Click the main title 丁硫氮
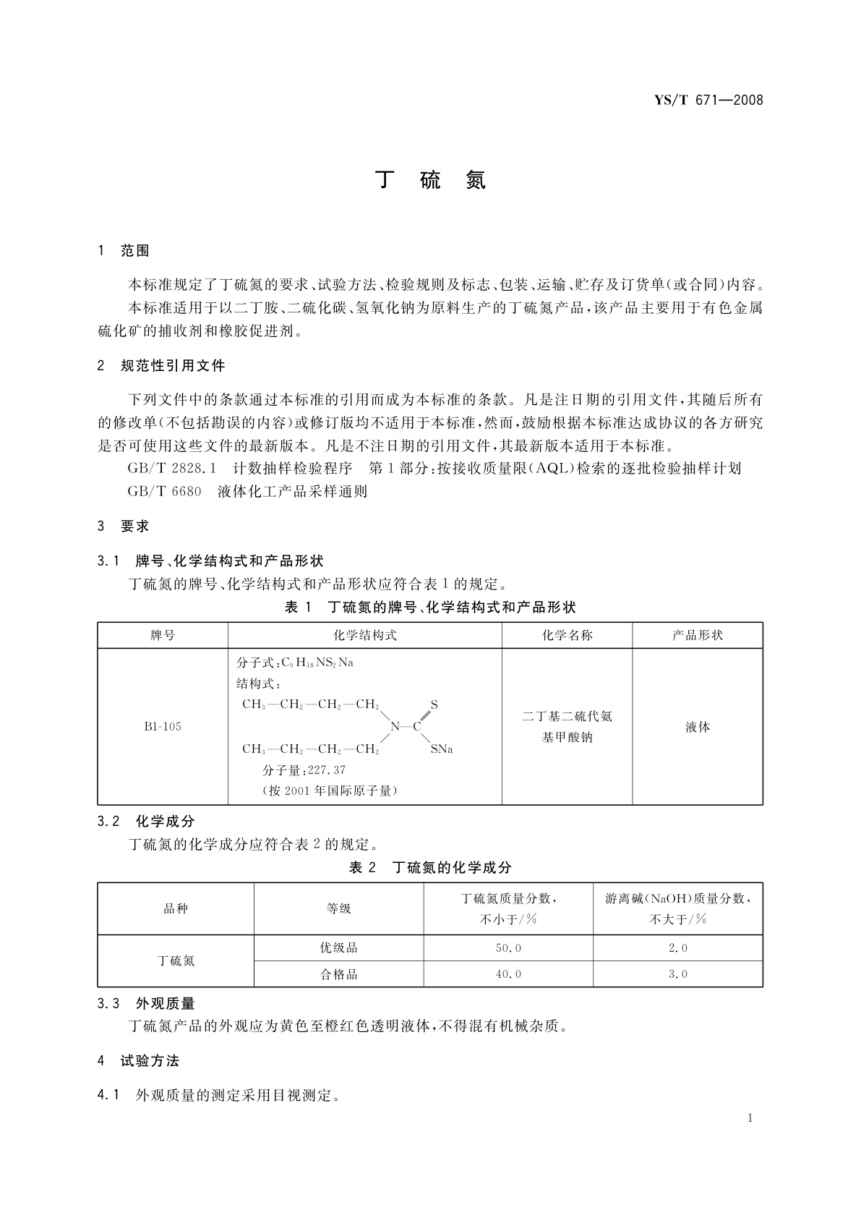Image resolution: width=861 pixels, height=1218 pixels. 431,180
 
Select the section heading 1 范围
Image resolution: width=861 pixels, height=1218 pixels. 124,251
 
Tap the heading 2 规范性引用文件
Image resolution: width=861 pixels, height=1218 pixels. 161,366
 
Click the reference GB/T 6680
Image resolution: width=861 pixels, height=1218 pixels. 164,492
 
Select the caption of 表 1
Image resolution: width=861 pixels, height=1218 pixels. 430,607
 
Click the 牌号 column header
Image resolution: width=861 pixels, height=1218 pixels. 163,635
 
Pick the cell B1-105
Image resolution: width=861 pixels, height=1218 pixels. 163,726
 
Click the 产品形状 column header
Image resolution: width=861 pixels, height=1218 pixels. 697,635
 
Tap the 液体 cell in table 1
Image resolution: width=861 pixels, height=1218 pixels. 697,727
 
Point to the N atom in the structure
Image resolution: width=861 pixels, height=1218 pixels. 395,726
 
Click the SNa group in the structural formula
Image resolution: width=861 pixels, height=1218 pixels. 441,749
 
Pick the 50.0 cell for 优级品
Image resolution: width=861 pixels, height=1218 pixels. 507,947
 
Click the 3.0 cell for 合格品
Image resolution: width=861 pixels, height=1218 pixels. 677,974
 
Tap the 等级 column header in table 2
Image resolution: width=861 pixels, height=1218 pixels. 338,908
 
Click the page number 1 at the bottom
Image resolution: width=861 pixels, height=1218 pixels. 750,1118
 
